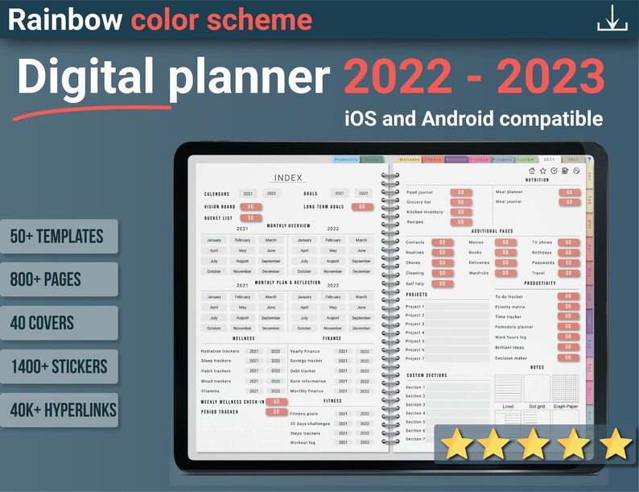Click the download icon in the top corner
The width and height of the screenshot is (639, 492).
(612, 18)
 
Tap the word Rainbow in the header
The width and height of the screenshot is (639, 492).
(65, 19)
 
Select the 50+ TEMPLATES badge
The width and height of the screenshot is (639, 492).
(57, 236)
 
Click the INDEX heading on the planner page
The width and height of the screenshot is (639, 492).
(288, 178)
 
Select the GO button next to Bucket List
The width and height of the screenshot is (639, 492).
(250, 217)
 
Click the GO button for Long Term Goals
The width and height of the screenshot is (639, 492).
(361, 207)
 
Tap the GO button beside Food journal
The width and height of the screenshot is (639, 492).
(460, 192)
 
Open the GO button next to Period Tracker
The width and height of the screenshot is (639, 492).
(276, 411)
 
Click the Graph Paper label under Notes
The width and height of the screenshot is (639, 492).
(565, 407)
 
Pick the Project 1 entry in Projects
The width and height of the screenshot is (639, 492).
(415, 307)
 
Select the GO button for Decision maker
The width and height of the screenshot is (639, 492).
(568, 358)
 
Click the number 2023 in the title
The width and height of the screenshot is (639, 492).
(550, 79)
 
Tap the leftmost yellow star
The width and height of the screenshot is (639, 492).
(456, 444)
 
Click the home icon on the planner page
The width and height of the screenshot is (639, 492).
(532, 171)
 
